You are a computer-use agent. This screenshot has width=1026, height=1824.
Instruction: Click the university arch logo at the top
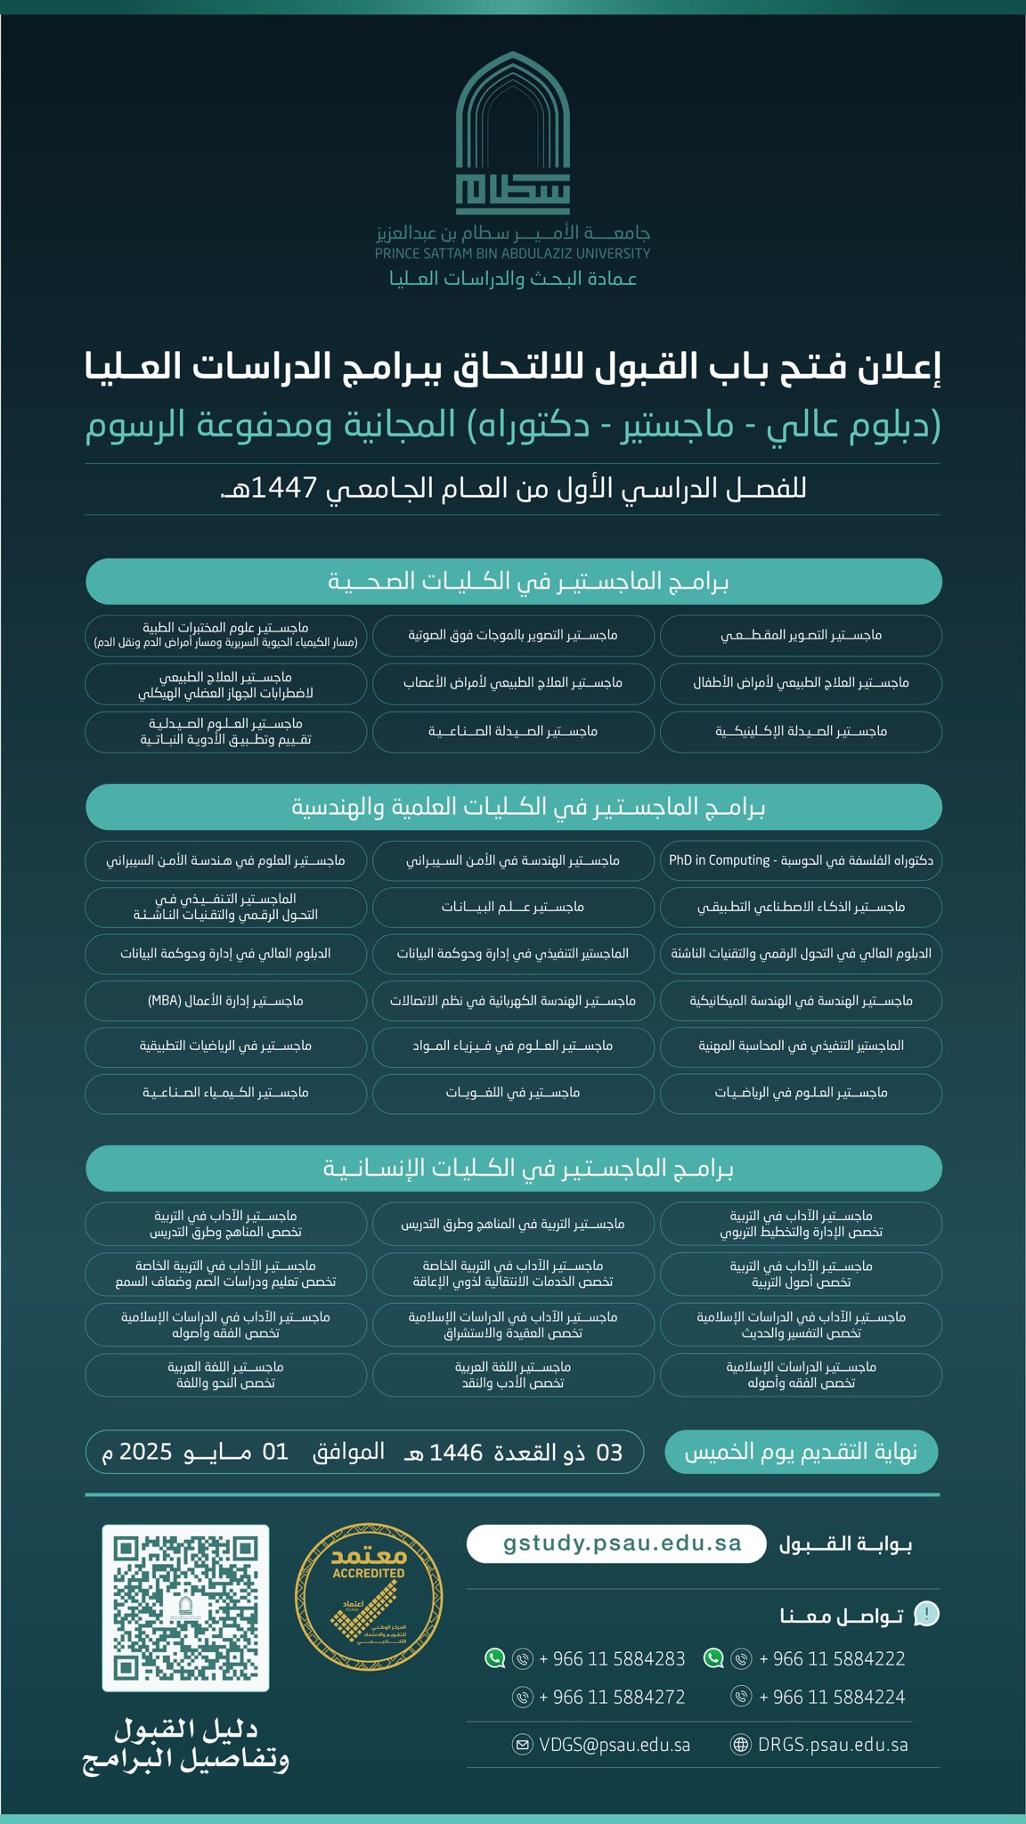pos(512,134)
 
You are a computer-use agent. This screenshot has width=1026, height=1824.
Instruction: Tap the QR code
pos(185,1608)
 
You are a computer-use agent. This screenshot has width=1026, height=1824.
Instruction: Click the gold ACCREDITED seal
pos(369,1597)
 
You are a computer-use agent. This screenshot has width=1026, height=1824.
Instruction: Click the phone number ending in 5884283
pos(612,1658)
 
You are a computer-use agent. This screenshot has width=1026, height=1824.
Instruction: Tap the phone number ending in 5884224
pos(832,1697)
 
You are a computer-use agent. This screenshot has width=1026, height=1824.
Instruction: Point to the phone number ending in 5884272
pos(612,1697)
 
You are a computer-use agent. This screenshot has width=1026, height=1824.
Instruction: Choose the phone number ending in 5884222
pos(832,1658)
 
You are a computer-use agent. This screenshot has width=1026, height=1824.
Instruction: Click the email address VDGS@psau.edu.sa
pos(614,1745)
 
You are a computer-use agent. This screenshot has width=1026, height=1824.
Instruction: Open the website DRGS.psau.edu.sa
pos(833,1745)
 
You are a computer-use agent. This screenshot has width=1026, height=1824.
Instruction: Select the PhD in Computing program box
pos(801,860)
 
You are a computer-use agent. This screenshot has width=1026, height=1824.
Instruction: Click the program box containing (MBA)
pos(225,1001)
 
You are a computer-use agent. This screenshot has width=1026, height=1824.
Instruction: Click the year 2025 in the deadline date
pos(145,1452)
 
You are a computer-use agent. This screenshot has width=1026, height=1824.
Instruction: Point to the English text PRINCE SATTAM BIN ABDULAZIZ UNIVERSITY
pos(512,254)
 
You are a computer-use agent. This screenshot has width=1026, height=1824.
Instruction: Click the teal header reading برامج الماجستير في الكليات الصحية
pos(513,582)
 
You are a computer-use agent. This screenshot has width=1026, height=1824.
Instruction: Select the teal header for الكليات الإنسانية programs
pos(513,1168)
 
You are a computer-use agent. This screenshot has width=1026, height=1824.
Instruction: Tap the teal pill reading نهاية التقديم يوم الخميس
pos(801,1452)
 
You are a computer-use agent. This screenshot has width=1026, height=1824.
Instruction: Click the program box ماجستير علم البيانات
pos(513,907)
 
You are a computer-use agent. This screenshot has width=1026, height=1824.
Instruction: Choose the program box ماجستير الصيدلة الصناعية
pos(513,731)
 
